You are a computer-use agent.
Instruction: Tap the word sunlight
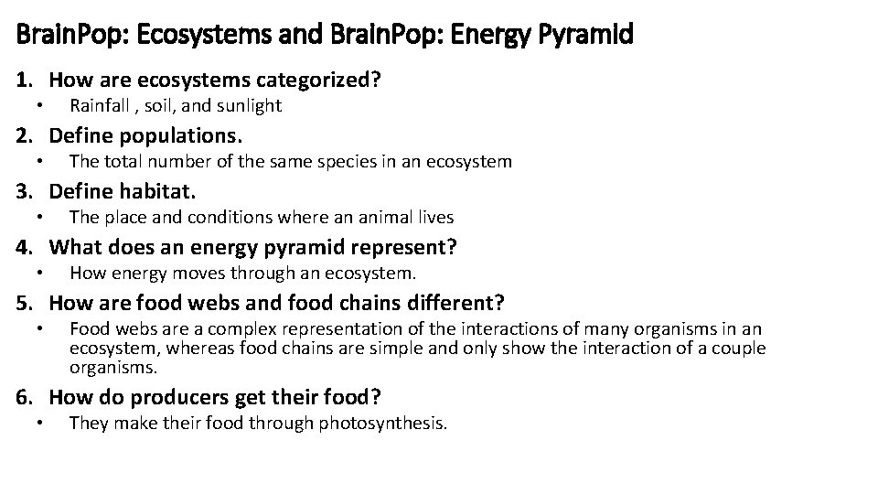click(x=247, y=106)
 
